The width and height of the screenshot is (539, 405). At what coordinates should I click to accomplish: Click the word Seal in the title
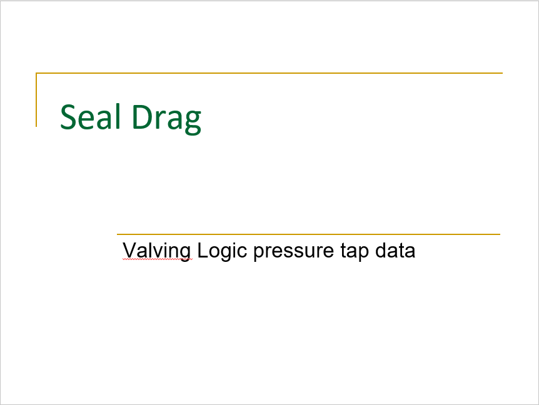[x=91, y=117]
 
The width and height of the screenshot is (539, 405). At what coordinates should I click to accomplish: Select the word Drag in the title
[x=166, y=119]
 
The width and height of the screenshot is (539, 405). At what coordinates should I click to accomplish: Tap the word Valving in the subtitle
[x=157, y=251]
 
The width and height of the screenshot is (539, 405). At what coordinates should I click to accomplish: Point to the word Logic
[x=222, y=251]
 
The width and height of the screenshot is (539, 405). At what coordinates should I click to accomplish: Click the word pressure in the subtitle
[x=293, y=252]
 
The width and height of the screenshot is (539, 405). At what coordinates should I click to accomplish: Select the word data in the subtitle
[x=395, y=250]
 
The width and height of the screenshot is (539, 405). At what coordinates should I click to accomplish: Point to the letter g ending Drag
[x=193, y=122]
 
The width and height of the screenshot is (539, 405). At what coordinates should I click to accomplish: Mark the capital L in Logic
[x=203, y=250]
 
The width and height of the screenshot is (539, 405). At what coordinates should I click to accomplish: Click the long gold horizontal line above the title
[x=269, y=73]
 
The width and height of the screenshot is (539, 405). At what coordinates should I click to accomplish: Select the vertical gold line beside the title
[x=36, y=99]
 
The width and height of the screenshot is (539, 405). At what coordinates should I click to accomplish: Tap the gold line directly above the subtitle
[x=308, y=234]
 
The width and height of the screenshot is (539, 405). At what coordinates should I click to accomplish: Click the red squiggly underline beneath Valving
[x=158, y=260]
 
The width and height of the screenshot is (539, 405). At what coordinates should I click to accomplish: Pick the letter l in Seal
[x=118, y=116]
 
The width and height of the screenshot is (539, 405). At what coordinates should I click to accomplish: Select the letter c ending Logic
[x=242, y=252]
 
